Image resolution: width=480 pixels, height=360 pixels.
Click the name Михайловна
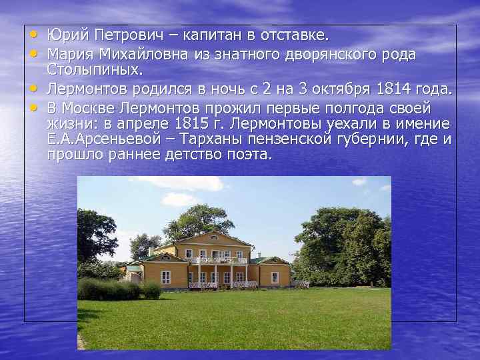(149, 53)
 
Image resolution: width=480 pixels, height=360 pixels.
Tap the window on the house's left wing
(165, 276)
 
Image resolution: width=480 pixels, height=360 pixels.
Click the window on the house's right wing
(274, 277)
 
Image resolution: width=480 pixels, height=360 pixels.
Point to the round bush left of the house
(151, 289)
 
